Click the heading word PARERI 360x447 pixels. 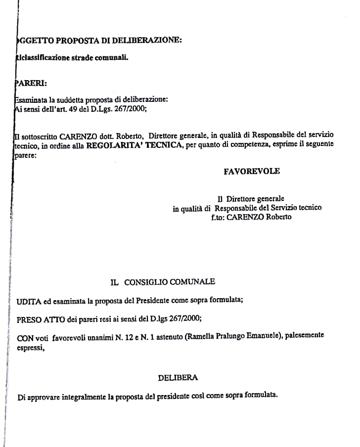tap(32, 83)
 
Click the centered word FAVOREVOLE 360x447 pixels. tap(252, 171)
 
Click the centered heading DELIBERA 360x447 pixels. tap(178, 378)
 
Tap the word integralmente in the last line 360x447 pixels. tap(84, 397)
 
